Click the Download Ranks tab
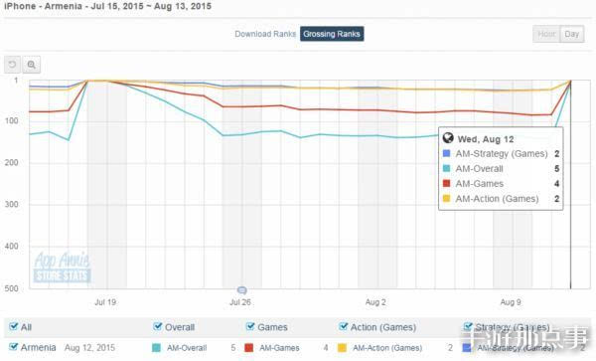pyautogui.click(x=263, y=34)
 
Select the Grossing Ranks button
pyautogui.click(x=332, y=34)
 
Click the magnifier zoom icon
pyautogui.click(x=32, y=66)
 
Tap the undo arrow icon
pyautogui.click(x=14, y=66)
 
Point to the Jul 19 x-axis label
pyautogui.click(x=104, y=299)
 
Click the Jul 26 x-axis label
pyautogui.click(x=239, y=299)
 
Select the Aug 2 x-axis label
pyautogui.click(x=375, y=299)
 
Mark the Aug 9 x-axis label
pyautogui.click(x=511, y=299)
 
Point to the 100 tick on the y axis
pyautogui.click(x=12, y=121)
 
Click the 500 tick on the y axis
pyautogui.click(x=12, y=288)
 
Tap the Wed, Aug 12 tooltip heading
pyautogui.click(x=488, y=138)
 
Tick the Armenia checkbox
pyautogui.click(x=11, y=348)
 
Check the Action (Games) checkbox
pyautogui.click(x=344, y=326)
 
